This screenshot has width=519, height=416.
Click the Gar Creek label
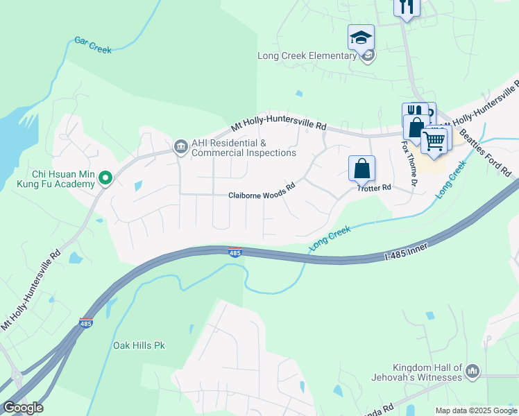click(x=93, y=45)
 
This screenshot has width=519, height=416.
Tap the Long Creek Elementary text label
click(x=306, y=56)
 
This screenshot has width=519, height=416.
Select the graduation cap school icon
click(x=361, y=37)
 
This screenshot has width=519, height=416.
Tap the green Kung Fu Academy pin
click(x=105, y=179)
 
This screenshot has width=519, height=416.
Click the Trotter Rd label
click(x=375, y=188)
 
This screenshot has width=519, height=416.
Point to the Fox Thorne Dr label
click(x=408, y=164)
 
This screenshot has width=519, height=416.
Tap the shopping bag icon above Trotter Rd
click(x=361, y=168)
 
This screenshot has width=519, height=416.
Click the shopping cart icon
click(x=434, y=140)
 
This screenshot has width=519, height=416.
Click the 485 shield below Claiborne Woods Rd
click(x=235, y=253)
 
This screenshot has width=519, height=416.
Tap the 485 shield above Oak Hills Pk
click(x=86, y=323)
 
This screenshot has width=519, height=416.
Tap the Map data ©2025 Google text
click(x=475, y=410)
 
